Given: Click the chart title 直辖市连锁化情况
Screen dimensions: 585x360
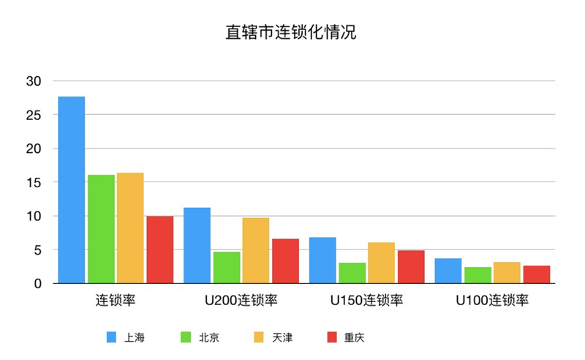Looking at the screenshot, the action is click(290, 32).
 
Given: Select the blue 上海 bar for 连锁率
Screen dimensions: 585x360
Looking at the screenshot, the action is click(72, 190).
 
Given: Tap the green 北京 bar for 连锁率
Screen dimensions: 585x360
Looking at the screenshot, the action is click(101, 229).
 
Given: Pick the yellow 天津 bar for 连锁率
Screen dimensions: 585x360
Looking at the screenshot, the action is click(130, 228).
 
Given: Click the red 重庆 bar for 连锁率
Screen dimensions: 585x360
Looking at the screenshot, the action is click(160, 250).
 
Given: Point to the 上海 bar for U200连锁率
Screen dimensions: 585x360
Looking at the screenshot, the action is click(197, 245).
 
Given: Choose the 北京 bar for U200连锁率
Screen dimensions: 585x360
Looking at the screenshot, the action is click(227, 267).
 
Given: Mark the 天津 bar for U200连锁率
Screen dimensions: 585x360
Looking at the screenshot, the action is click(256, 250).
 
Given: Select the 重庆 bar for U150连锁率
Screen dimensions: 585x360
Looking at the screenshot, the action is click(411, 266).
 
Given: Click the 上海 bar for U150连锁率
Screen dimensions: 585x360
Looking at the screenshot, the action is click(322, 260).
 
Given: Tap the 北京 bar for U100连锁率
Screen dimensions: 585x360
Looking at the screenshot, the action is click(478, 275).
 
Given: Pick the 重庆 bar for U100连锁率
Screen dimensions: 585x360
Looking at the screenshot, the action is click(537, 274).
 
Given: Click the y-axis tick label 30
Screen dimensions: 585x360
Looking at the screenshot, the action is click(34, 81).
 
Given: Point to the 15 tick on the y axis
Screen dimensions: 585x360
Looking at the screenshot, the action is click(34, 182).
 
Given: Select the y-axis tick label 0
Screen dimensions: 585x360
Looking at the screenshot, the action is click(38, 283).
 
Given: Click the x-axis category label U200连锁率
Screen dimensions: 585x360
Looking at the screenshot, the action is click(241, 300).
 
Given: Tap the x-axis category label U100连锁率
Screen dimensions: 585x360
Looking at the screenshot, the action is click(492, 300).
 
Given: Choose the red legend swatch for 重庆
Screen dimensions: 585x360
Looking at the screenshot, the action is click(332, 337).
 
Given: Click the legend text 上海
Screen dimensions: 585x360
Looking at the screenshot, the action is click(135, 337).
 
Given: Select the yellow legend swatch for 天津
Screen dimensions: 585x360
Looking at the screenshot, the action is click(259, 337).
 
